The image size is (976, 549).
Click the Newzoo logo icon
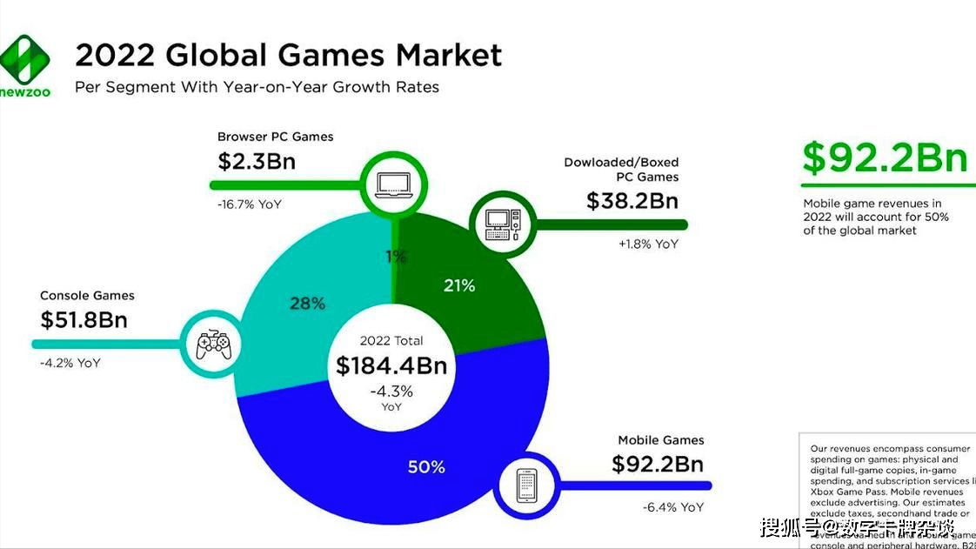(x=25, y=59)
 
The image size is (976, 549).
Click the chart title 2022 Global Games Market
(x=288, y=55)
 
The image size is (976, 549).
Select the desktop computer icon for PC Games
(x=501, y=224)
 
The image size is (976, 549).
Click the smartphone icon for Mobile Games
(x=528, y=485)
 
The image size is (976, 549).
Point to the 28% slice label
(x=307, y=303)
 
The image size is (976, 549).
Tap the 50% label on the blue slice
(x=426, y=467)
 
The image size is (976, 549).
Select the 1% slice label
(x=397, y=257)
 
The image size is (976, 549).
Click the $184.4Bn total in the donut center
(x=391, y=365)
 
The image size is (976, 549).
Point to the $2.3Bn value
(x=257, y=161)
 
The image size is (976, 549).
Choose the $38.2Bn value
(x=632, y=201)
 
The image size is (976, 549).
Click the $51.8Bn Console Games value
(x=84, y=319)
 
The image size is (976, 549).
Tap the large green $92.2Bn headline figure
(x=885, y=158)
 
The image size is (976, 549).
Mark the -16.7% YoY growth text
(x=250, y=204)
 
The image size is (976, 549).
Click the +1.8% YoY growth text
(x=648, y=244)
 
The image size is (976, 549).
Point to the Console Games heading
(x=87, y=296)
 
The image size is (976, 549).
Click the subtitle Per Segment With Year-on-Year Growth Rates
(x=257, y=87)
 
